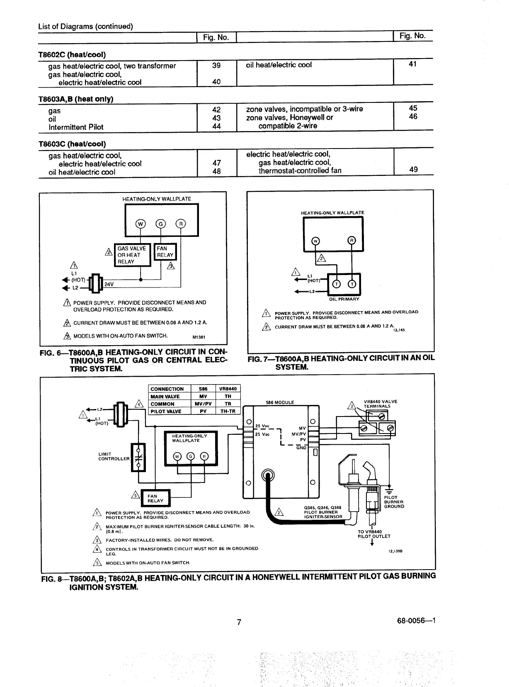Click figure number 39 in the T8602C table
coord(216,66)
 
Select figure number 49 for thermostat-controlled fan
coord(413,169)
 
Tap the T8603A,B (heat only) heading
coord(76,99)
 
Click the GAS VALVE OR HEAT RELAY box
coord(132,255)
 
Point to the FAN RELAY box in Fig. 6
coord(165,252)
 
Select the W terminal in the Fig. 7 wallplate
coord(315,241)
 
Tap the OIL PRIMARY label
coord(344,299)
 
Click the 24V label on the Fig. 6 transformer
coord(109,284)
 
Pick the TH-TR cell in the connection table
coord(228,411)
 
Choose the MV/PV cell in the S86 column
coord(203,404)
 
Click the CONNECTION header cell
coord(167,389)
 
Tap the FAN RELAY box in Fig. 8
coord(155,498)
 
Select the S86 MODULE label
coord(280,402)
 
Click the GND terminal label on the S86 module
coord(301,448)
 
